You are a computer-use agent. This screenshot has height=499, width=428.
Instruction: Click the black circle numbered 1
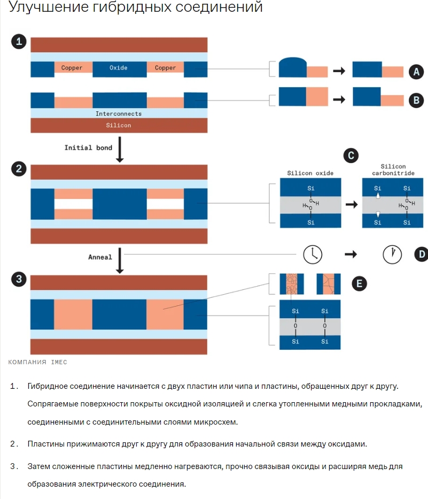19,42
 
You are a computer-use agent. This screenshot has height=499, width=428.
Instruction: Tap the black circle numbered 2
19,170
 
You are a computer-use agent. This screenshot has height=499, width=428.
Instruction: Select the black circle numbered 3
19,279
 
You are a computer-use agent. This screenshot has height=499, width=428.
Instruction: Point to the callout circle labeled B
416,99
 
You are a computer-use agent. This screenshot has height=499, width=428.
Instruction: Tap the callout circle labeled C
349,156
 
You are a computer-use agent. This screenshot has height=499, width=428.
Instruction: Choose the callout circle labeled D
421,254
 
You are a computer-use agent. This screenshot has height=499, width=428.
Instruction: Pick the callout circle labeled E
359,283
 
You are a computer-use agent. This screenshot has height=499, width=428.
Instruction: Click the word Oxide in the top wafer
119,68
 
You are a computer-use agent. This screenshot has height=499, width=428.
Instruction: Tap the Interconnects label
119,114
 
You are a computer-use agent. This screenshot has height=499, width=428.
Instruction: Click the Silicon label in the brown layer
119,125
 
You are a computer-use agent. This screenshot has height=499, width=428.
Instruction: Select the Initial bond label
88,148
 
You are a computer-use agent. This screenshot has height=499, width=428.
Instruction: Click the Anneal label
100,257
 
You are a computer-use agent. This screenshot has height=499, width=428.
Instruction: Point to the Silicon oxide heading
310,173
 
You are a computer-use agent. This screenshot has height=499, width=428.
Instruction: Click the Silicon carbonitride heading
393,170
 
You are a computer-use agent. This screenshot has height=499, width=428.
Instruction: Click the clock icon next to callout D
392,254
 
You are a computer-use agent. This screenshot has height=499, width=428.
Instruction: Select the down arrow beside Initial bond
120,150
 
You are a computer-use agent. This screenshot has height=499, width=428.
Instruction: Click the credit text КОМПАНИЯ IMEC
37,362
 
